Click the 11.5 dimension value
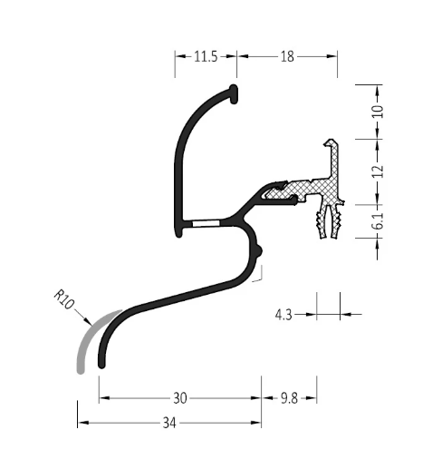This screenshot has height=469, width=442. [206, 56]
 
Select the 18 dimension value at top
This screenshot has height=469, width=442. [287, 56]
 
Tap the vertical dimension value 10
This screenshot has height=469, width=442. [378, 112]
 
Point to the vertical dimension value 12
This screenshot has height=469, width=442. [378, 171]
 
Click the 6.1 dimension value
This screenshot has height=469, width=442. [378, 221]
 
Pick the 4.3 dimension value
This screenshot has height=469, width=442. [283, 315]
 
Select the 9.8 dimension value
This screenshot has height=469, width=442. [289, 398]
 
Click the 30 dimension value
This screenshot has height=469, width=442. [180, 398]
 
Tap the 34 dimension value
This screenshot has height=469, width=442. [169, 423]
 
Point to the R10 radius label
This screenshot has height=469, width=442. [64, 299]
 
